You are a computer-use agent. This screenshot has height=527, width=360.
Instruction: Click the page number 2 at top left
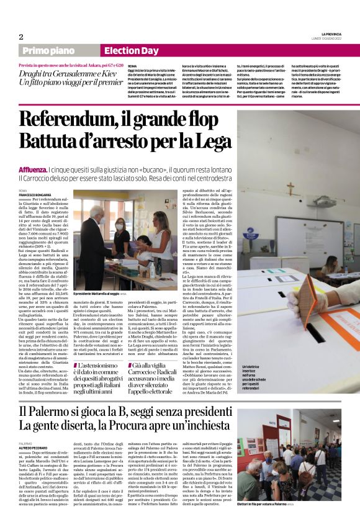click(x=21, y=37)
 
